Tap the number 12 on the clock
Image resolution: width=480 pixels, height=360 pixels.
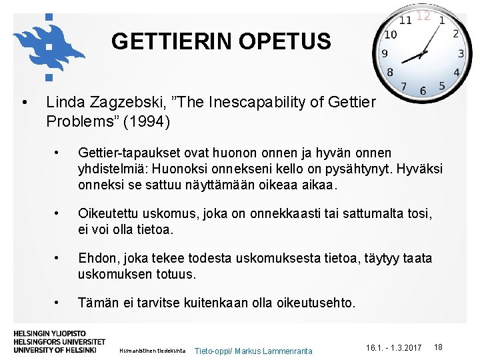[423, 15]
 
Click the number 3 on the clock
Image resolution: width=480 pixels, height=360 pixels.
[461, 53]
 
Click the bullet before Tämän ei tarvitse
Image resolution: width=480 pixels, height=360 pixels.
[59, 303]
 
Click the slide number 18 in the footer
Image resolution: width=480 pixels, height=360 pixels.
[438, 347]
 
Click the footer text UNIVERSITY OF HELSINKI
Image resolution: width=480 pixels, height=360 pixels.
[55, 349]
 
